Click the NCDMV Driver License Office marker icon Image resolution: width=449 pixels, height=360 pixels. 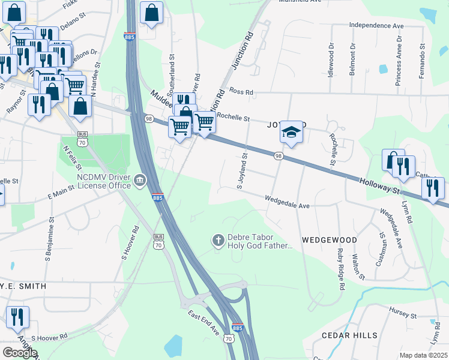click(139, 178)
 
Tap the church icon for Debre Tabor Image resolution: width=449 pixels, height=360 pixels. click(218, 241)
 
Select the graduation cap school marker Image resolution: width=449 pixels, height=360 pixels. click(291, 133)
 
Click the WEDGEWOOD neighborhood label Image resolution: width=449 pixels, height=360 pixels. click(329, 240)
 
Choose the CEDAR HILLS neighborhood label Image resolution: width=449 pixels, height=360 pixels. click(349, 335)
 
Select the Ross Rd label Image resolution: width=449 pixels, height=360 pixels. click(241, 92)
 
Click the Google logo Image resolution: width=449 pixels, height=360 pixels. click(20, 352)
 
